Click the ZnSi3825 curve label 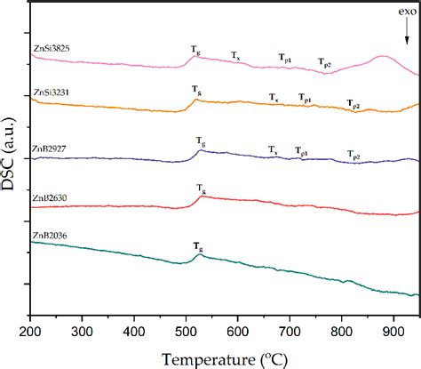coord(52,52)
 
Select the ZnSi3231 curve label coord(52,92)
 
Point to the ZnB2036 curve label coord(51,235)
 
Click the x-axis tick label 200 coord(30,331)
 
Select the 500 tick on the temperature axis coord(185,331)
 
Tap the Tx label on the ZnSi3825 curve coord(236,56)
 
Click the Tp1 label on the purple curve coord(302,151)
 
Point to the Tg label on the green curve coord(197,245)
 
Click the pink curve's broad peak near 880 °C coord(382,58)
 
